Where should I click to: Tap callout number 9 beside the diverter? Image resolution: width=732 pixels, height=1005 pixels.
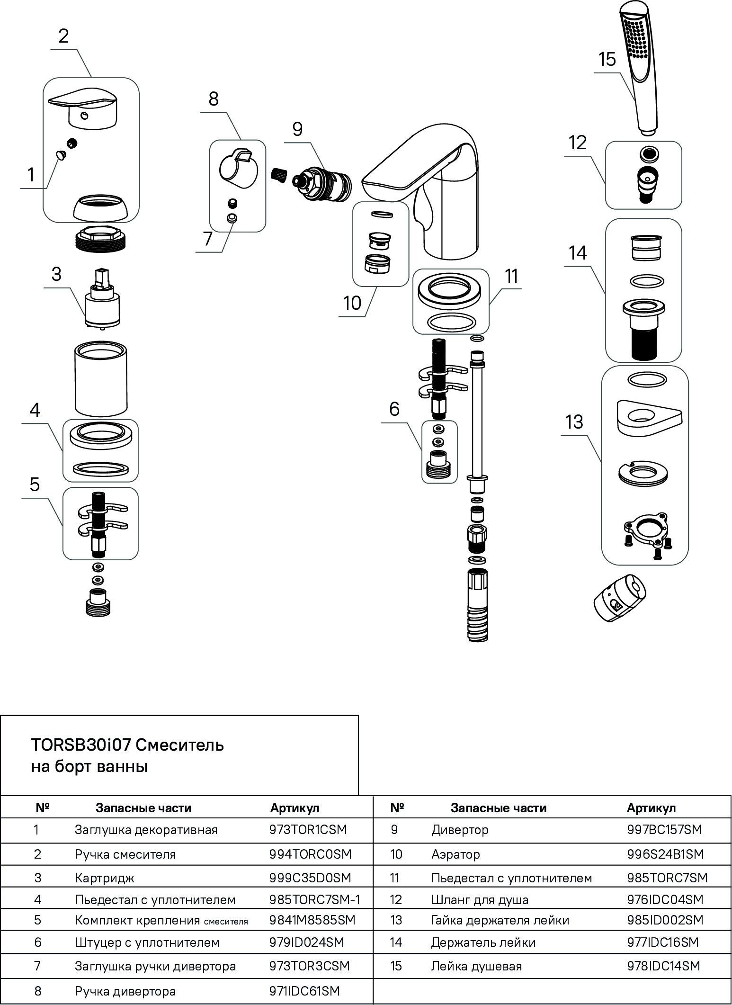point(297,129)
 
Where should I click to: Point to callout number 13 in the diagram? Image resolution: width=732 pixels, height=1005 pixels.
point(574,422)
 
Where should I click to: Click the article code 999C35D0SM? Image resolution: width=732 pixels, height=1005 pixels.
point(310,878)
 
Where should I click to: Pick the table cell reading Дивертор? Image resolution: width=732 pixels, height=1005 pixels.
point(460,829)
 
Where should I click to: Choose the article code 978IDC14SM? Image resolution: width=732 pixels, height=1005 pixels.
point(663,966)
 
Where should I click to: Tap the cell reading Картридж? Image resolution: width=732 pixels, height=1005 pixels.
point(105,878)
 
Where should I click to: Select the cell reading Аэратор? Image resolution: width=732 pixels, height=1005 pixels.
point(455,854)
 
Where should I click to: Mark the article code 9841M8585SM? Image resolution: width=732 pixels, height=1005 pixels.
point(312,920)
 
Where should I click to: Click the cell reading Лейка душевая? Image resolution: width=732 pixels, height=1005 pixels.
point(476,966)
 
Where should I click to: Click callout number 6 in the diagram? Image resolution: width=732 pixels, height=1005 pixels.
point(394,409)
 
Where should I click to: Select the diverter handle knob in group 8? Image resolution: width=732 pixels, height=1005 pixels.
point(238,168)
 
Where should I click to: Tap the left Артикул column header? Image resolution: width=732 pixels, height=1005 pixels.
point(295,808)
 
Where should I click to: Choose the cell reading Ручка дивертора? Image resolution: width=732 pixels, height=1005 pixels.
point(125,991)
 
